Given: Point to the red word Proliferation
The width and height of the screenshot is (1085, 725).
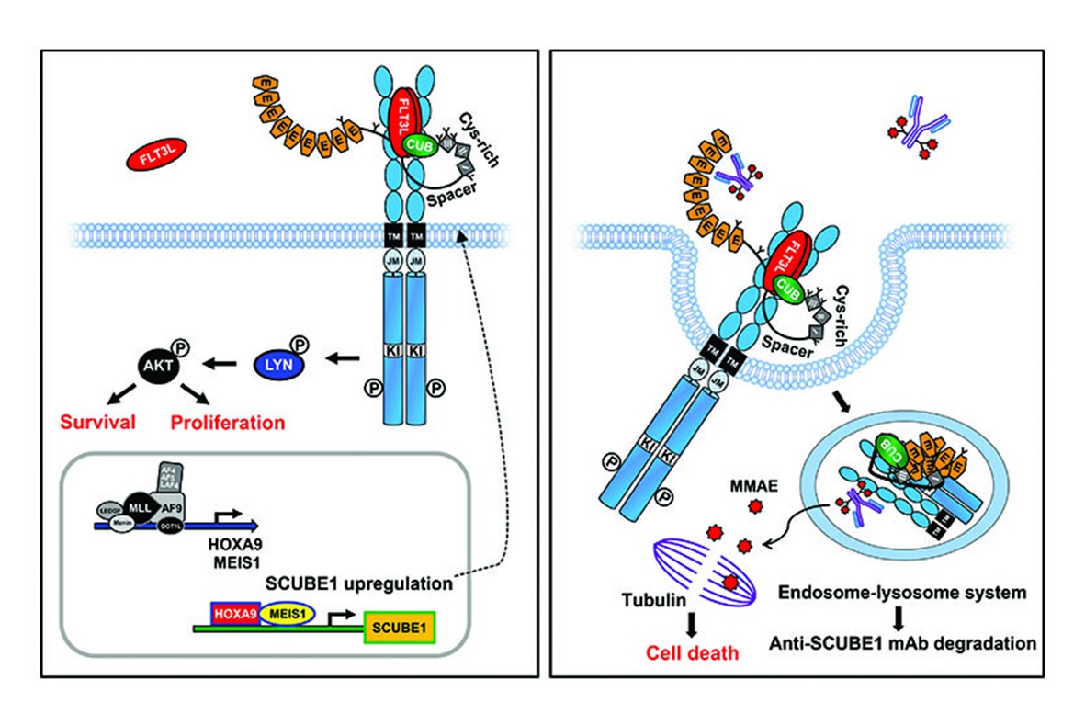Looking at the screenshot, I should [x=227, y=423].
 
